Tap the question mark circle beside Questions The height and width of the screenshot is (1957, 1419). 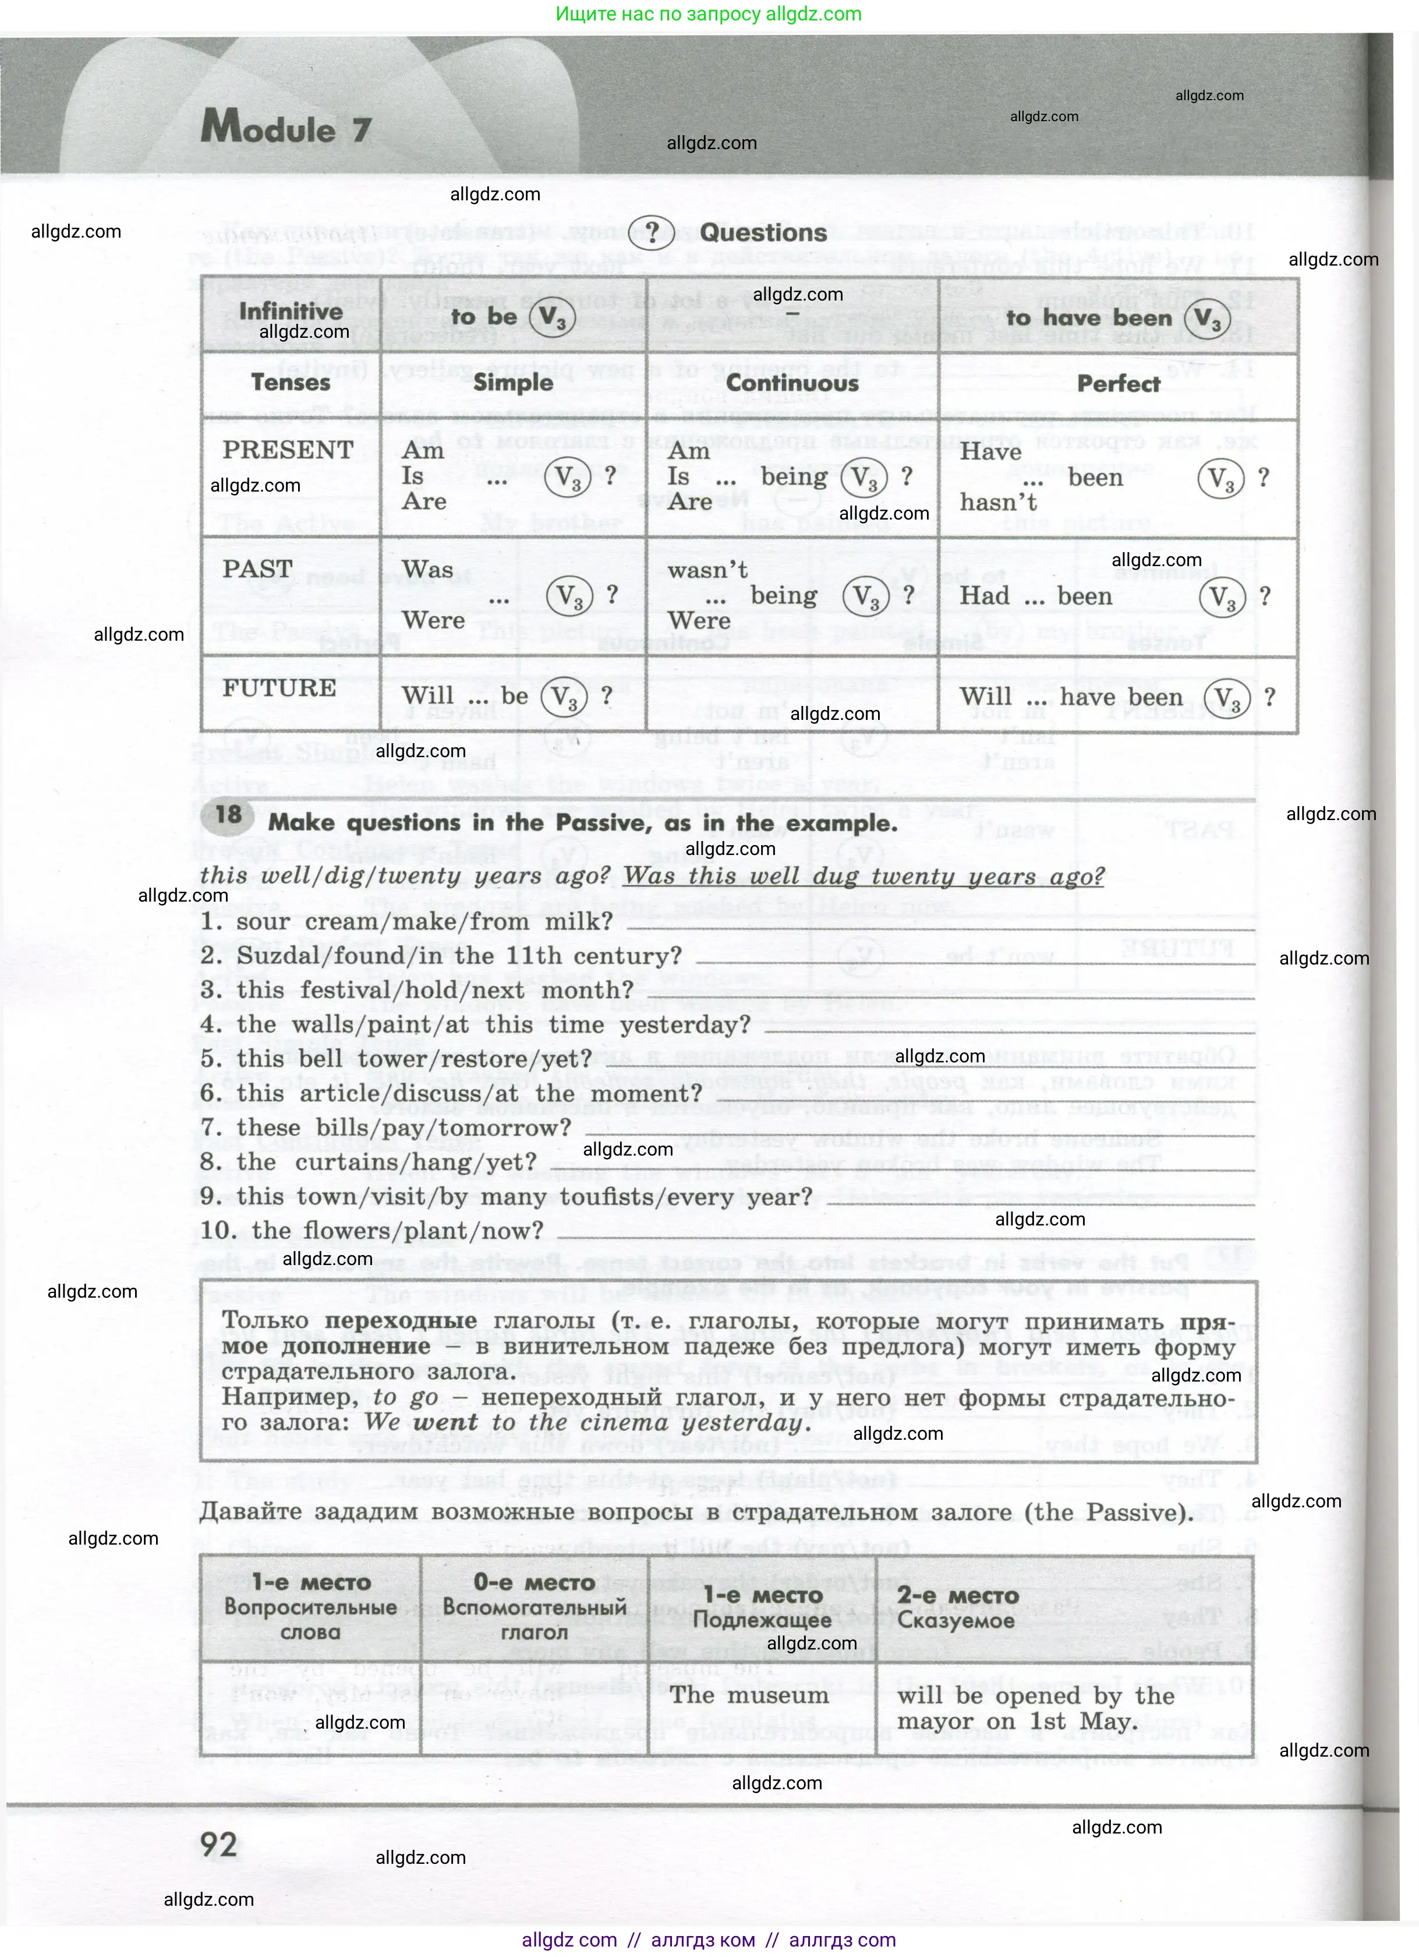[x=653, y=232]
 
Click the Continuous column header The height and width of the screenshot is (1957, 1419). [x=792, y=383]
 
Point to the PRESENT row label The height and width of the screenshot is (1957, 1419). [x=288, y=450]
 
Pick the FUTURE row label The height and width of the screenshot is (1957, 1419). [x=279, y=688]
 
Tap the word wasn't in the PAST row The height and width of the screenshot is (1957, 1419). [x=707, y=570]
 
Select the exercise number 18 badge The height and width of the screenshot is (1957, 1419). [x=229, y=815]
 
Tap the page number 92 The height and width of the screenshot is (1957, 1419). [x=218, y=1845]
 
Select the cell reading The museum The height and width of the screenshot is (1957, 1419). [x=749, y=1695]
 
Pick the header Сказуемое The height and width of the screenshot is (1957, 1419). [x=956, y=1620]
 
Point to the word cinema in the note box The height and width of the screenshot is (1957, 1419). [x=613, y=1423]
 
